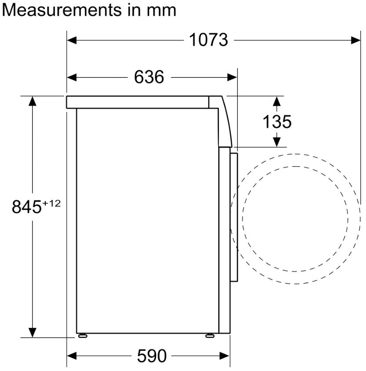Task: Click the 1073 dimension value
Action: click(209, 40)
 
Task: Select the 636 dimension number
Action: click(149, 77)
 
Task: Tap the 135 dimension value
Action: click(277, 122)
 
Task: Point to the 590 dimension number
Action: click(152, 355)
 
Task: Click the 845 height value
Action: click(26, 207)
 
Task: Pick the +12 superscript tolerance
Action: click(51, 203)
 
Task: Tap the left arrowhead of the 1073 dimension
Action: click(72, 40)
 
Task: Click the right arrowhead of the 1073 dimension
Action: click(355, 40)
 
